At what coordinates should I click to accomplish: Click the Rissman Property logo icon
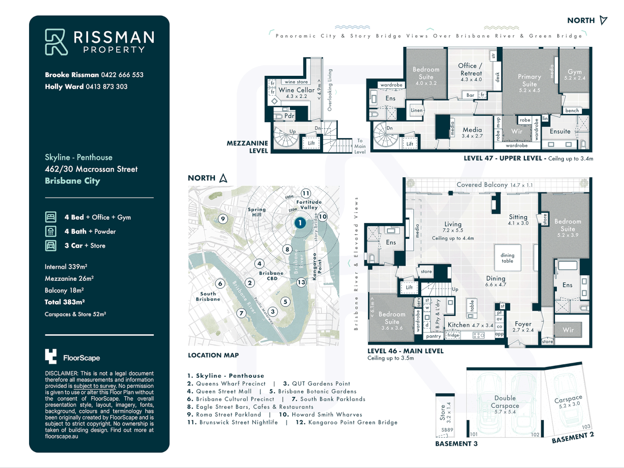[x=56, y=42]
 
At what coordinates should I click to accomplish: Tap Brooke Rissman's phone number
[x=122, y=75]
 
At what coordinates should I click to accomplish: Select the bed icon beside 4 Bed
[x=51, y=217]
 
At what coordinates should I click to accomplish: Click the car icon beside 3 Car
[x=51, y=246]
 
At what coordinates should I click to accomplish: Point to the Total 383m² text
[x=65, y=302]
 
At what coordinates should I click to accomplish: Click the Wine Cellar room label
[x=296, y=90]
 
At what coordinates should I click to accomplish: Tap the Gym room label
[x=575, y=72]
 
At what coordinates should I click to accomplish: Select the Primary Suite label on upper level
[x=529, y=80]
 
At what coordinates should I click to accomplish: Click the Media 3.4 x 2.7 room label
[x=472, y=130]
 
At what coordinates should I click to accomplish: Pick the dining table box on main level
[x=507, y=258]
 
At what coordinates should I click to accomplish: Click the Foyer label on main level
[x=523, y=324]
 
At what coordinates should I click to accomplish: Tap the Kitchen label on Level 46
[x=459, y=325]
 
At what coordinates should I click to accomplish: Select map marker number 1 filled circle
[x=300, y=223]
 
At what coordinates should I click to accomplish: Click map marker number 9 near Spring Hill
[x=223, y=219]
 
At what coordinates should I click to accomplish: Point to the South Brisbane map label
[x=208, y=296]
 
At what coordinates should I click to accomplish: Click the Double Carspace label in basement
[x=505, y=402]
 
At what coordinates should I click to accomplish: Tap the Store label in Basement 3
[x=443, y=413]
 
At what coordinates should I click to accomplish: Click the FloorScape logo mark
[x=51, y=356]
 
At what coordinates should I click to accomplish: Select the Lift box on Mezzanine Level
[x=311, y=143]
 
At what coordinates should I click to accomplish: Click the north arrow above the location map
[x=223, y=178]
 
